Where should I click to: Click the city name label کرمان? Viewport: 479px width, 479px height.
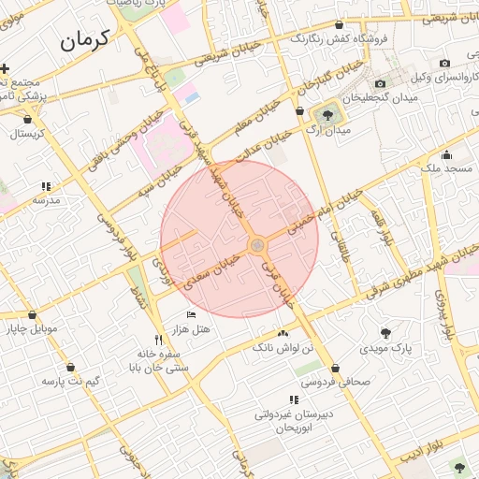(84, 39)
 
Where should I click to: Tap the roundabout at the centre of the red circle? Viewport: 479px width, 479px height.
(257, 245)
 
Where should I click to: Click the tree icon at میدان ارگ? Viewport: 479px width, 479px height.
(327, 116)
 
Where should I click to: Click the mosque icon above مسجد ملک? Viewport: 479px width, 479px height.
(446, 154)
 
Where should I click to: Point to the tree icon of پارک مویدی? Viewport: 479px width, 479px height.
(385, 332)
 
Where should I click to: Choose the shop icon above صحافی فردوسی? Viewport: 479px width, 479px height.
(336, 368)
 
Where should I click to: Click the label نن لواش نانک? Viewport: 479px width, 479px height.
(283, 347)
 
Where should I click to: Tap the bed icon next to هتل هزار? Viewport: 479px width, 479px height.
(191, 314)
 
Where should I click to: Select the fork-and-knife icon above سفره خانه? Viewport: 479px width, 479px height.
(158, 340)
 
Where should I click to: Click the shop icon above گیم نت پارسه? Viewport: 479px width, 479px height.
(72, 367)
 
